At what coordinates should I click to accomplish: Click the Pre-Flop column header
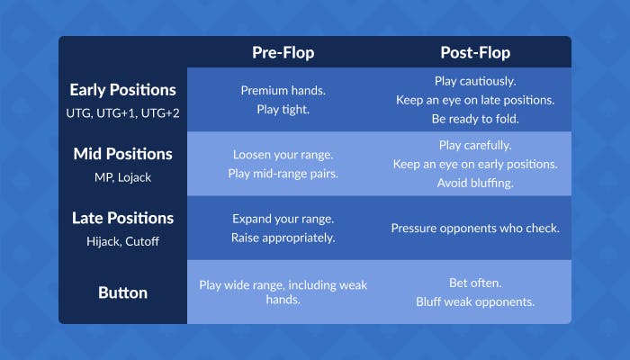coord(283,52)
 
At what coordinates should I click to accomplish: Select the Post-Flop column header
coord(475,52)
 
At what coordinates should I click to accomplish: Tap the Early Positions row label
coord(122,90)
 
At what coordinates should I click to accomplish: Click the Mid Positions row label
coord(122,154)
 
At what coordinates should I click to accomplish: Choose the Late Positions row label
coord(122,218)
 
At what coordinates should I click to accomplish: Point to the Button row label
coord(122,292)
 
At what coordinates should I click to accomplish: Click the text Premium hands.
coord(283,91)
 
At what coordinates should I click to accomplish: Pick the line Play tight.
coord(283,109)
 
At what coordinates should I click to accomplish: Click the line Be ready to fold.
coord(475,118)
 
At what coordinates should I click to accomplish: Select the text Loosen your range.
coord(283,155)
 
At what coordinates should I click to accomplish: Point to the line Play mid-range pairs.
coord(283,173)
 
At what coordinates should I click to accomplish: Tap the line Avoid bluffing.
coord(475,182)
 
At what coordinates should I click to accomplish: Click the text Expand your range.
coord(283,219)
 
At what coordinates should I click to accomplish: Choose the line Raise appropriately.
coord(283,237)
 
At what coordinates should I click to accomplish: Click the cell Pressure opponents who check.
coord(475,228)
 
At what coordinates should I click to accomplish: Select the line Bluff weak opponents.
coord(475,301)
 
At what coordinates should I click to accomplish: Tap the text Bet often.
coord(475,283)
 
